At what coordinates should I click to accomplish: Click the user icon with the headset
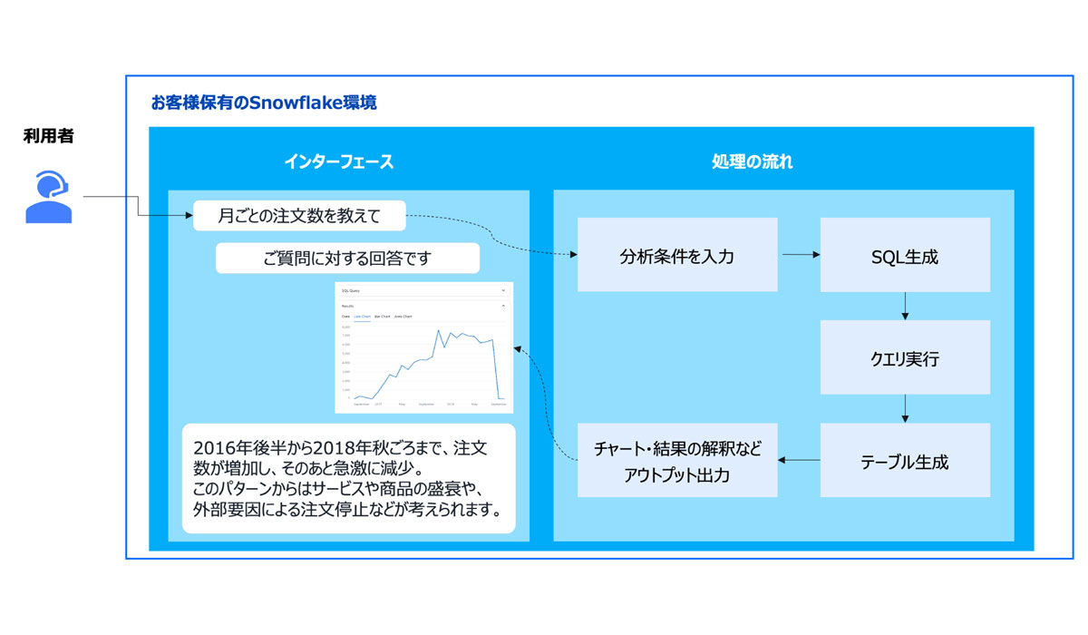pos(49,197)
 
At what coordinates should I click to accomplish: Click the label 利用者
pos(49,136)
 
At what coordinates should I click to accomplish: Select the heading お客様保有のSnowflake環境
pos(264,103)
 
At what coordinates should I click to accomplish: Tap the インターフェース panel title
pos(338,162)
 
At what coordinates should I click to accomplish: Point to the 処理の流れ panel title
pos(752,162)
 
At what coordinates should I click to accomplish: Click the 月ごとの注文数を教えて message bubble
pos(299,216)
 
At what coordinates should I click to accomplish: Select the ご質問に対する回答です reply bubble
pos(347,259)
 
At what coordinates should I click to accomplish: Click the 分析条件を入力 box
pos(677,256)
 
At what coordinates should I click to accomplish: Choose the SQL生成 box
pos(904,256)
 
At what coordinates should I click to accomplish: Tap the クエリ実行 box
pos(904,358)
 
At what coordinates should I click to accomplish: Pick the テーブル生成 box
pos(904,461)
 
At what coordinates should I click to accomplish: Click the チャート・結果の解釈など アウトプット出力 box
pos(677,461)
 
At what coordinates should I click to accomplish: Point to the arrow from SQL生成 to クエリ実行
pos(905,307)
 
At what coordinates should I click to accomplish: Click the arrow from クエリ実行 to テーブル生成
pos(905,409)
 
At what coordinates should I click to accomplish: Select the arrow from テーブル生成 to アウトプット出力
pos(799,461)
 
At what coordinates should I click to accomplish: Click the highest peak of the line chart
pos(440,330)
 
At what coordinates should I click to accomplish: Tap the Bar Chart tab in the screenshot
pos(382,317)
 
